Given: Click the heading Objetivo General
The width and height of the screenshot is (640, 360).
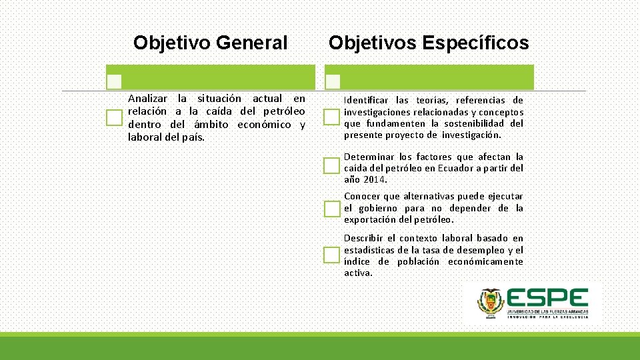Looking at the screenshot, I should click(x=210, y=43).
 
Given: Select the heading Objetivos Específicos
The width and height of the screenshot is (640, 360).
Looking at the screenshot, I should click(x=428, y=43).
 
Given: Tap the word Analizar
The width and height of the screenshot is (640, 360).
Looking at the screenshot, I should click(x=149, y=99).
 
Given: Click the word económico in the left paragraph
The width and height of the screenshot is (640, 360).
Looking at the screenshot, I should click(x=264, y=125).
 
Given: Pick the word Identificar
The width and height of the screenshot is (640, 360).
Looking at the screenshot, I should click(x=366, y=101).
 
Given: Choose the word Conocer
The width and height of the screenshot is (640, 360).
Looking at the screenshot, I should click(x=362, y=197).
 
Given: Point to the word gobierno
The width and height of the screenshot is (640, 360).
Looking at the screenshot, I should click(x=377, y=208).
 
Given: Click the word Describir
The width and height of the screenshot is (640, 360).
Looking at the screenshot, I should click(x=364, y=239).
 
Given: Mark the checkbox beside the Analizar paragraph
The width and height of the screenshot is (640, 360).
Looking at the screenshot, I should click(x=115, y=118).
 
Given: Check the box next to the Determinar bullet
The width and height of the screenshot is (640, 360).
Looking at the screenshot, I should click(x=331, y=165).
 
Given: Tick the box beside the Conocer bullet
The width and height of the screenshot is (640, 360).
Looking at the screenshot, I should click(x=331, y=209).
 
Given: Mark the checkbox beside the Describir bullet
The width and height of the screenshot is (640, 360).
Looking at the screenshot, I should click(x=331, y=255).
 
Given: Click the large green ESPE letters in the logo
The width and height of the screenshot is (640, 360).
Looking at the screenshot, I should click(x=547, y=298).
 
